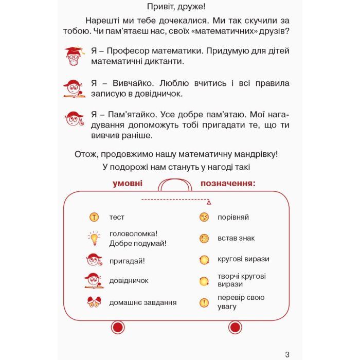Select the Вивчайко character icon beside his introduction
pos(74,88)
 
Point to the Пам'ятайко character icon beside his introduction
pos(74,119)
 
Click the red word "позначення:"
pos(228,183)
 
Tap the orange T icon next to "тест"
pos(94,217)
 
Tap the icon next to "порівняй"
pos(204,217)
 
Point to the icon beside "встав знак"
pos(204,239)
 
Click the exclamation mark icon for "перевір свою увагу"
pos(204,302)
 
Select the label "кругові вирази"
pos(243,259)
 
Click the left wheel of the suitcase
pos(118,328)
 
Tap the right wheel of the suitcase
pos(235,328)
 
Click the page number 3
pos(287,354)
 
